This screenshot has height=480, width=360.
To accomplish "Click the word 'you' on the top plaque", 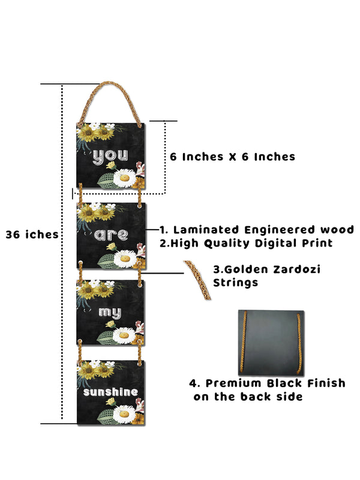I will [x=110, y=157].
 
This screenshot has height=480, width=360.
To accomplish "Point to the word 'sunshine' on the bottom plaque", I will [x=112, y=392].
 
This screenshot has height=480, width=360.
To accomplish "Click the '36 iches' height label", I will [x=32, y=235].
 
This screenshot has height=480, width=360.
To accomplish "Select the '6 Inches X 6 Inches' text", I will [x=232, y=157].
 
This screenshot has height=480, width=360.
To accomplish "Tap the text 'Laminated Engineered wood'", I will [x=263, y=230].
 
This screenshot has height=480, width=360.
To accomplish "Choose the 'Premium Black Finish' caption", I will [x=268, y=383].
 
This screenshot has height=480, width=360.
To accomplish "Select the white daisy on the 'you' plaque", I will [x=125, y=177].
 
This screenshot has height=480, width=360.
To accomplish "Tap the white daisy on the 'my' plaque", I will [x=124, y=335].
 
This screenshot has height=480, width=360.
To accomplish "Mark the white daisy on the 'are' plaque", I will [x=125, y=257].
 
